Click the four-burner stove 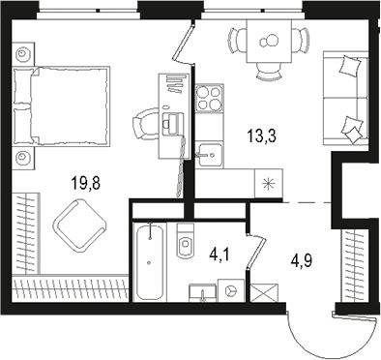tap(209, 100)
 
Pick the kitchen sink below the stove tap(210, 150)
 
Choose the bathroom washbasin tap(201, 290)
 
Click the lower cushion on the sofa tap(354, 124)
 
